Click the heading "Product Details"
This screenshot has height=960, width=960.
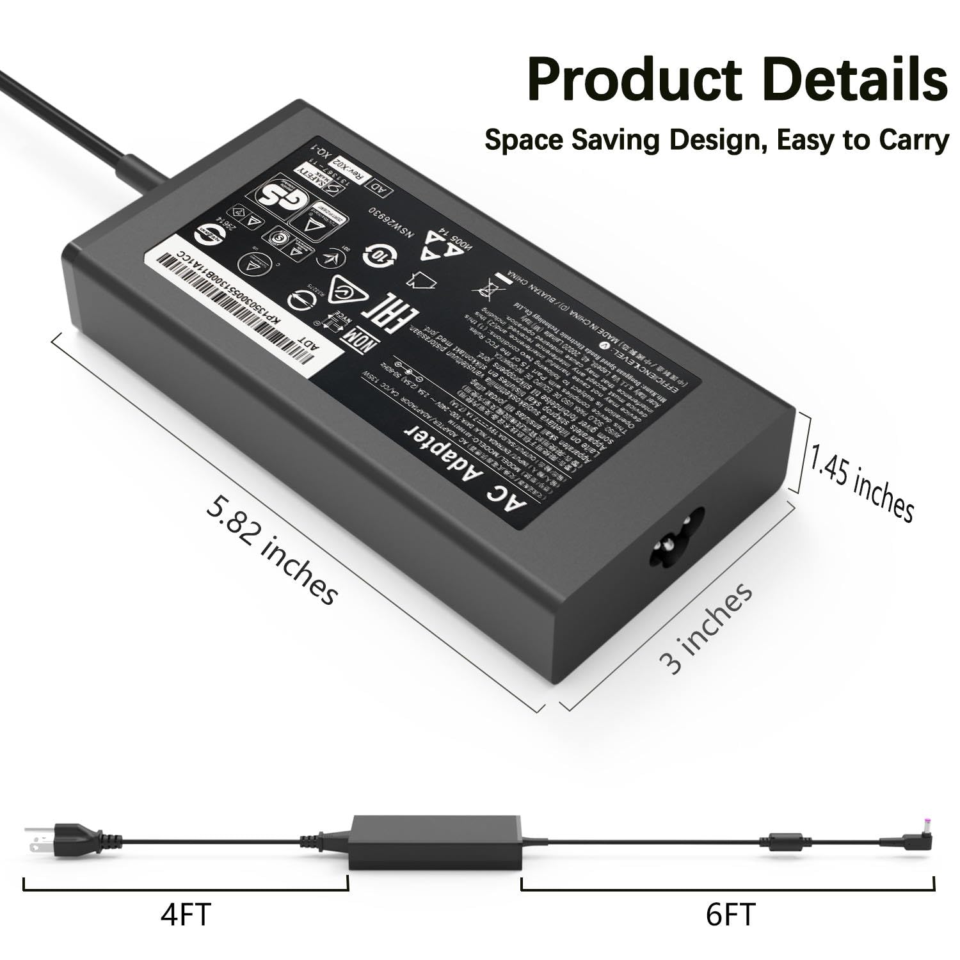pos(736,79)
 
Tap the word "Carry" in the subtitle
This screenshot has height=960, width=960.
pos(914,141)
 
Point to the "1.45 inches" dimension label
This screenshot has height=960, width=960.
pos(861,483)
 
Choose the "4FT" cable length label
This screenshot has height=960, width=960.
pos(185,914)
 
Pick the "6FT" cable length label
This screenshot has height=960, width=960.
pos(730,914)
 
